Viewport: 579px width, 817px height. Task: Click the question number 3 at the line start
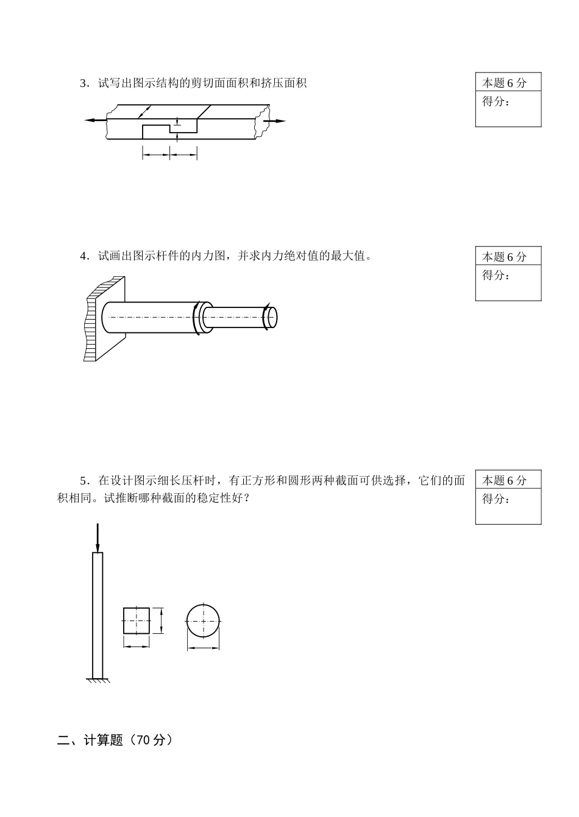point(84,83)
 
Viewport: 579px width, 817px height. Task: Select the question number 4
point(84,256)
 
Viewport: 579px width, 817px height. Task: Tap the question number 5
point(84,480)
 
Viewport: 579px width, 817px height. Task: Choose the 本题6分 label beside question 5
point(504,480)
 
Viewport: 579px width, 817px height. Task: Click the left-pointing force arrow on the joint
point(94,120)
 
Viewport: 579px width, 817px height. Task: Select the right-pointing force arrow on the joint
point(275,121)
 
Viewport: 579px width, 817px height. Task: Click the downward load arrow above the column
point(97,537)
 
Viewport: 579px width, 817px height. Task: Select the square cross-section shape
point(137,620)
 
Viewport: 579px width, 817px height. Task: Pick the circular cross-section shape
point(202,620)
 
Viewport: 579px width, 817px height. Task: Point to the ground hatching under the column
point(98,681)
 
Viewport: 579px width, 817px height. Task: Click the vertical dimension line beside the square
point(161,620)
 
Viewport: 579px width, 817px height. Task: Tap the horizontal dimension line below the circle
point(203,648)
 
